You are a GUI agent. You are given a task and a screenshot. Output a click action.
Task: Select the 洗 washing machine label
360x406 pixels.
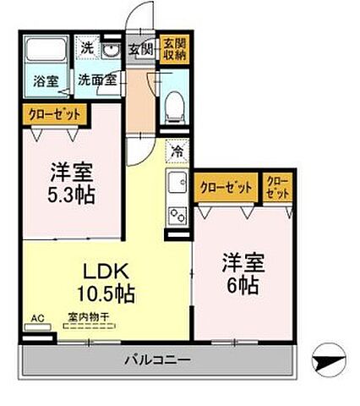[x=86, y=49]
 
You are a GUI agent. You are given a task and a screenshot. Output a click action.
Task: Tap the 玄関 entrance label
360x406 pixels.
[x=140, y=48]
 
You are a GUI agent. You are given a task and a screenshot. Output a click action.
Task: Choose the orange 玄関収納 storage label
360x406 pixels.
[x=175, y=48]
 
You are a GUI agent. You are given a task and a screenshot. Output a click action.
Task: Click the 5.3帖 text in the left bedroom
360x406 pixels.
[x=71, y=194]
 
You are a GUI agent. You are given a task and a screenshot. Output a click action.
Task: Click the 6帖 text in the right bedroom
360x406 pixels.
[x=243, y=284]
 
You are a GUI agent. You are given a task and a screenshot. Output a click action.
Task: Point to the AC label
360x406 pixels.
[x=36, y=319]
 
